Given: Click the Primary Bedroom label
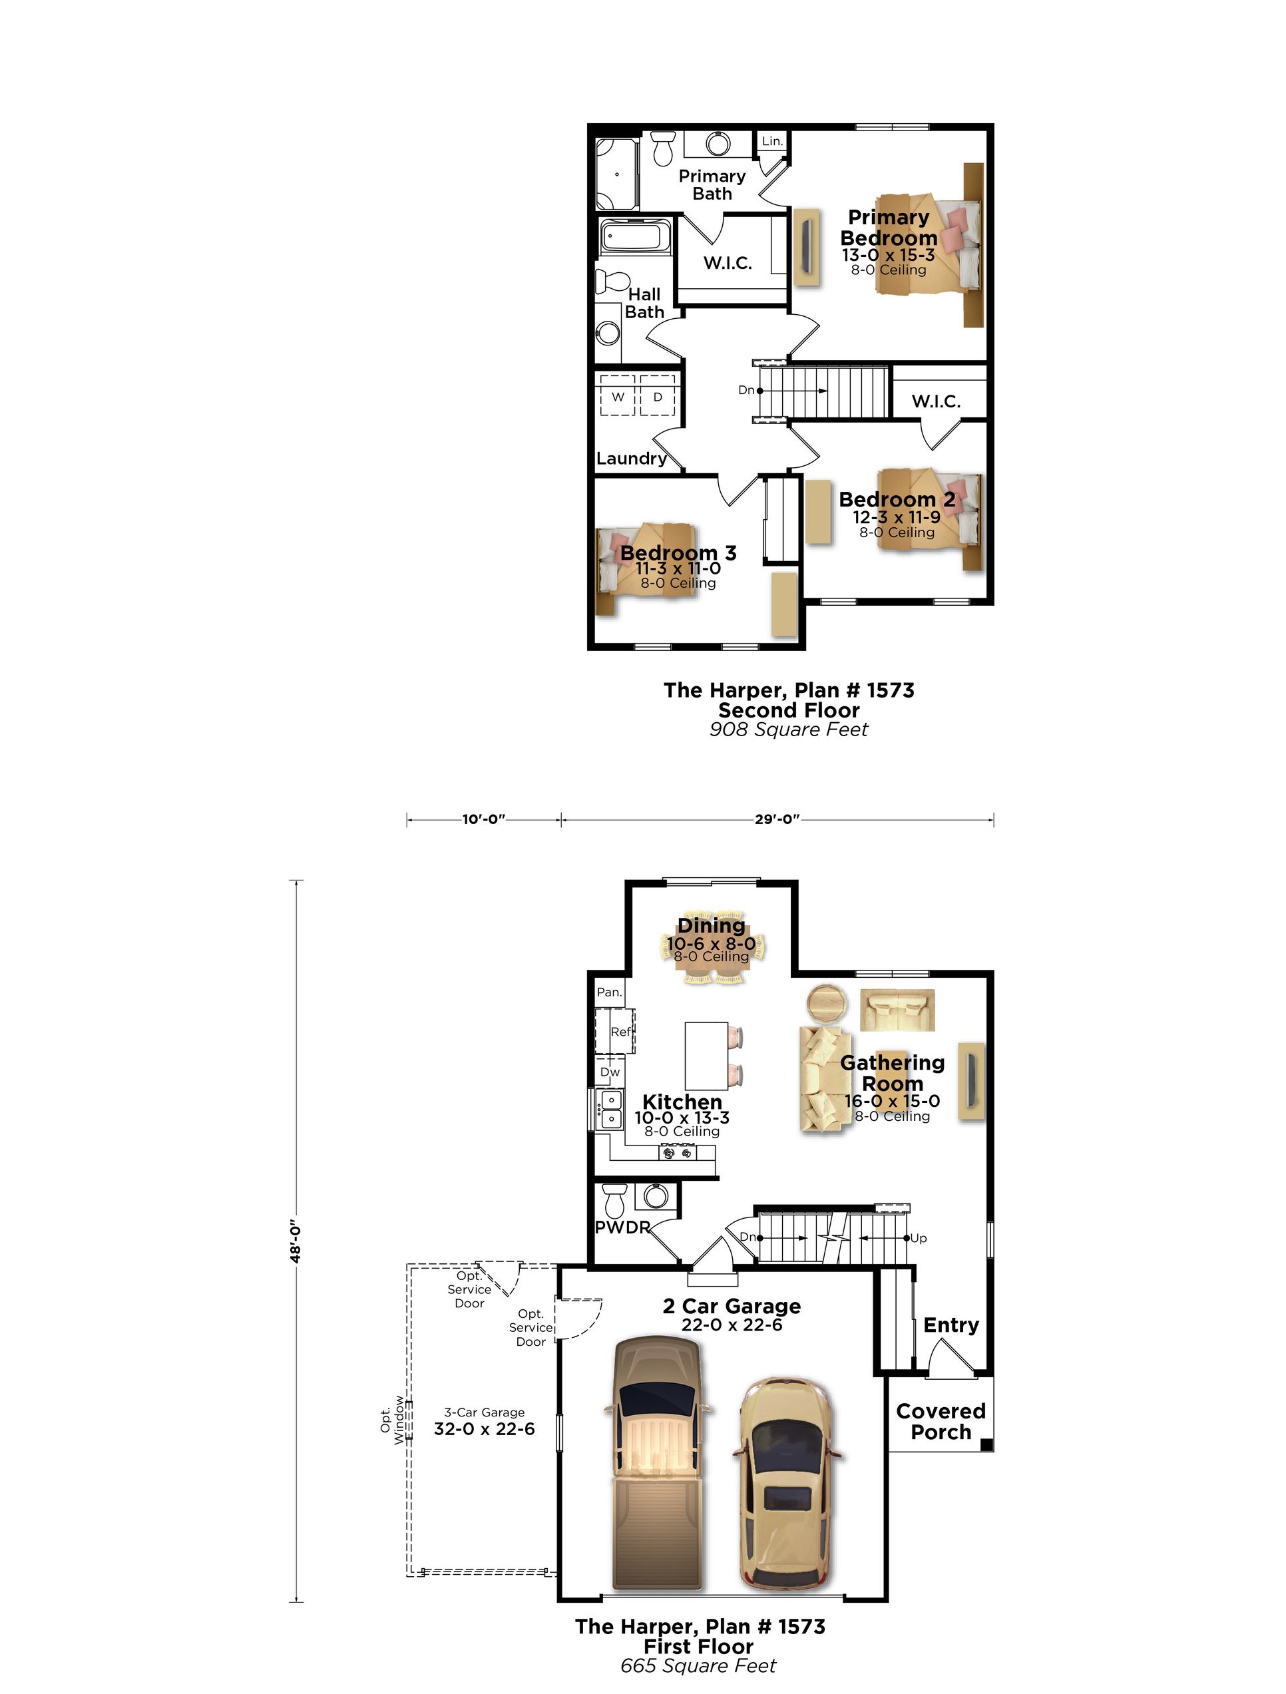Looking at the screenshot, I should click(x=889, y=228).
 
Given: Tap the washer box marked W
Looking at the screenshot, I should click(x=617, y=397).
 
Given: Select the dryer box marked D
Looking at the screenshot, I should click(x=657, y=397).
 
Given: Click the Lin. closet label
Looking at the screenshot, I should click(x=772, y=141).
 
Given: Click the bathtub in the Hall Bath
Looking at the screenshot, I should click(x=634, y=236).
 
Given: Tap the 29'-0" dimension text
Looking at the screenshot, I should click(x=777, y=819).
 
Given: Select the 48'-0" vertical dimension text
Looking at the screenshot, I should click(x=296, y=1241).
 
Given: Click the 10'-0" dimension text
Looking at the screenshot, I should click(x=483, y=819).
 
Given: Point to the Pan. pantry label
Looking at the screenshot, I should click(x=609, y=992).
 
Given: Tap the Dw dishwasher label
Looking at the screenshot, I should click(x=610, y=1072).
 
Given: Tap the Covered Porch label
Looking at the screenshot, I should click(x=940, y=1421).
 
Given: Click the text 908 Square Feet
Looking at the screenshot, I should click(x=788, y=729).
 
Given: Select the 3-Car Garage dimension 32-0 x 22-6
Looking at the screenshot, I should click(x=484, y=1428).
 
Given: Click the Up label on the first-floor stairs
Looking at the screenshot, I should click(x=919, y=1237).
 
